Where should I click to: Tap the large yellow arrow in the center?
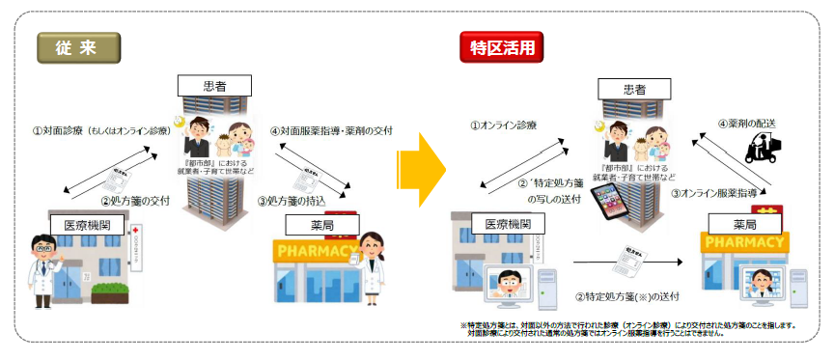click(x=422, y=171)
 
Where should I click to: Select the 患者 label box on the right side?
click(x=633, y=89)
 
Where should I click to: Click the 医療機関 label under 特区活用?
click(x=508, y=224)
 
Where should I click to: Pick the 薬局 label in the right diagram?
click(x=742, y=224)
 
